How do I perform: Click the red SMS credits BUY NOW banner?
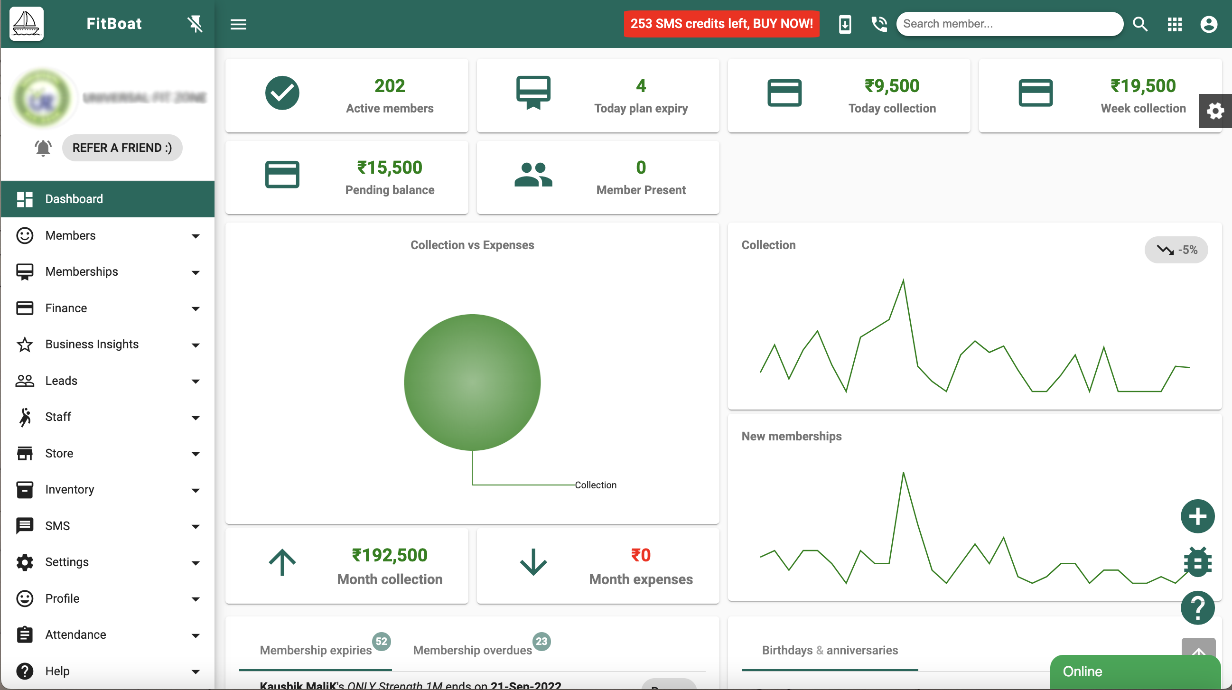[721, 24]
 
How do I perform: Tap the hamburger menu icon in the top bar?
[238, 24]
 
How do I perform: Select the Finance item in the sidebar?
[66, 308]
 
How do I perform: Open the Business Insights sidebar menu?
[92, 344]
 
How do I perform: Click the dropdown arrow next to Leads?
[195, 382]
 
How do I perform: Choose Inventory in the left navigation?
[69, 489]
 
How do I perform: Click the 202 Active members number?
[389, 86]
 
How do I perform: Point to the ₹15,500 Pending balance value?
[389, 168]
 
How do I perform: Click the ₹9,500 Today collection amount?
[891, 86]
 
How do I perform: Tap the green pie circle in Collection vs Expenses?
[472, 382]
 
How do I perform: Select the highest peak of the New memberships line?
[903, 474]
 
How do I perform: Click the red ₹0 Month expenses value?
[640, 555]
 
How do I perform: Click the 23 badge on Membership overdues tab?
[541, 641]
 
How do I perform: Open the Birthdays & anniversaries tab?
[829, 650]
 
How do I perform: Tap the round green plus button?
[1197, 516]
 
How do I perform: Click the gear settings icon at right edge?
[1215, 111]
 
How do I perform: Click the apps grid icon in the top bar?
[1174, 24]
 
